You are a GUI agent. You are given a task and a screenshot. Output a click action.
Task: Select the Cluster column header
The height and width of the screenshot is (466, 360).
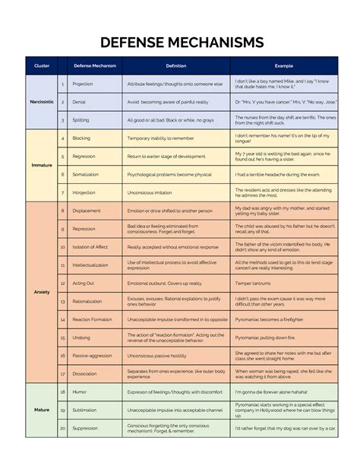pyautogui.click(x=42, y=66)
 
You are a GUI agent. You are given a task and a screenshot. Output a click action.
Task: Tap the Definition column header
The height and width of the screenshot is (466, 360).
pyautogui.click(x=175, y=66)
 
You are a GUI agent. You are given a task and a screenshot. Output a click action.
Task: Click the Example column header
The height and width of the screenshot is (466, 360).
pyautogui.click(x=283, y=66)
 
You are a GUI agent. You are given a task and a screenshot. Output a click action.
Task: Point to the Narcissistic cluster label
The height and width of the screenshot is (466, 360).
pyautogui.click(x=42, y=101)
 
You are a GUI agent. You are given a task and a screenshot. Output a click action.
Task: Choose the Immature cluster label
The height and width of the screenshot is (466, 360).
pyautogui.click(x=42, y=165)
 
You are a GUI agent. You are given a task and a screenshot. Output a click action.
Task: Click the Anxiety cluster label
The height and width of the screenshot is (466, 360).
pyautogui.click(x=42, y=292)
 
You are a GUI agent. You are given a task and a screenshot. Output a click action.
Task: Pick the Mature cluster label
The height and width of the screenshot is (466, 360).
pyautogui.click(x=42, y=410)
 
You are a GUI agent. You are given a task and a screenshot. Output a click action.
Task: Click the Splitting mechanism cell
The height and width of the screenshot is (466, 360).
pyautogui.click(x=81, y=120)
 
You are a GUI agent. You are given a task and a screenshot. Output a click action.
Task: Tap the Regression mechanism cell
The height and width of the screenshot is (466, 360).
pyautogui.click(x=84, y=156)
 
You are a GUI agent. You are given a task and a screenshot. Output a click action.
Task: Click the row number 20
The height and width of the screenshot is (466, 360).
pyautogui.click(x=62, y=428)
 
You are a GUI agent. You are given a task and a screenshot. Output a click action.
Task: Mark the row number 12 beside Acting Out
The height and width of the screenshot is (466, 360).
pyautogui.click(x=62, y=283)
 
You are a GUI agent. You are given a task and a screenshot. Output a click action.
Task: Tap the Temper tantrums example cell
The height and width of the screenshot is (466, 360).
pyautogui.click(x=255, y=283)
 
